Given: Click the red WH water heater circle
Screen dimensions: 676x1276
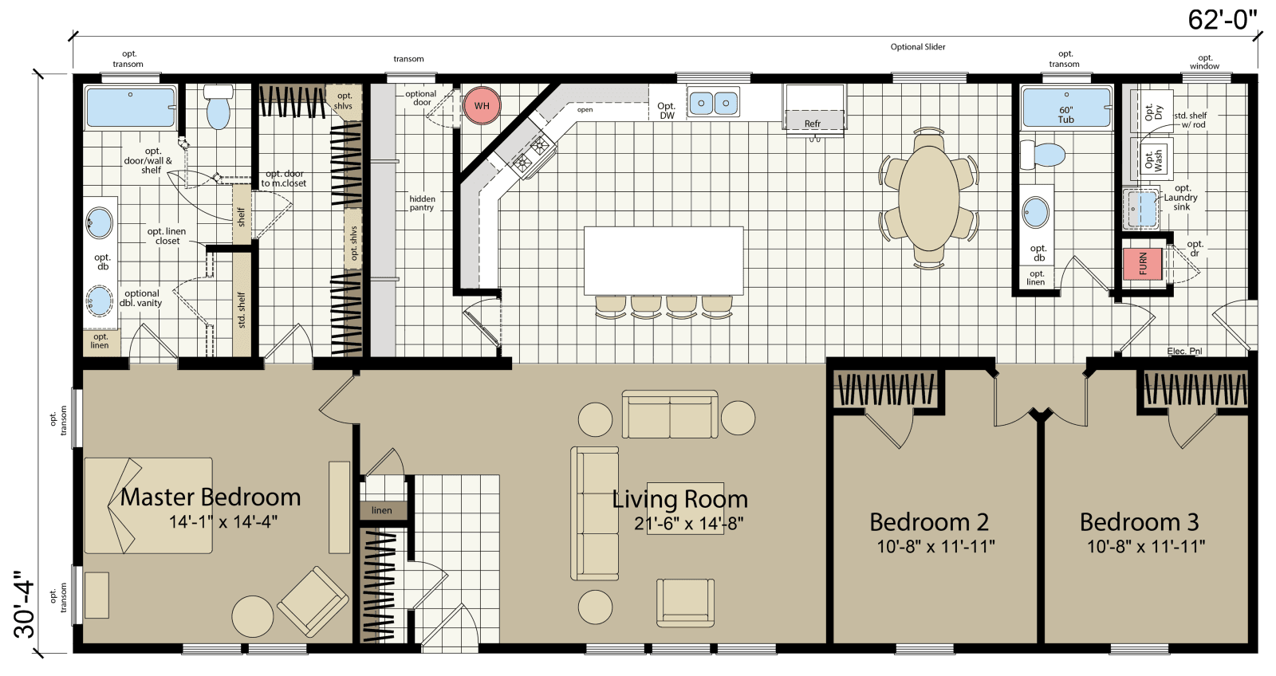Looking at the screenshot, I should [x=482, y=105].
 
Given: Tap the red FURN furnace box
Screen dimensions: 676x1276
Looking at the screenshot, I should [x=1142, y=264].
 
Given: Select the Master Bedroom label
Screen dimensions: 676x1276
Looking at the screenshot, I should [x=211, y=497].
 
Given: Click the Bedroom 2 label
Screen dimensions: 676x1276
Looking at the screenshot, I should [x=929, y=521].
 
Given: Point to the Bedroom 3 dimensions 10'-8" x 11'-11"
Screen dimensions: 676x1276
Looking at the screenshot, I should [x=1146, y=547].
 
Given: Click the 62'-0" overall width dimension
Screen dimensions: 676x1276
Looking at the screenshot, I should [x=1221, y=19].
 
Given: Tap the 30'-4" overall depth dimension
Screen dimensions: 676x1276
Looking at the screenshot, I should [x=25, y=603].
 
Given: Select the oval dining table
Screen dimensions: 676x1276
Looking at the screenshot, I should [x=929, y=198].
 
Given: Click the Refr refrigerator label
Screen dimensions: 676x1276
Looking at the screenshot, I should [x=812, y=124].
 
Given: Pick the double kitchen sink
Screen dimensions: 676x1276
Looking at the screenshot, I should [x=713, y=103].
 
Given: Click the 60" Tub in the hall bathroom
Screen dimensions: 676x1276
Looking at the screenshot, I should [x=1065, y=110].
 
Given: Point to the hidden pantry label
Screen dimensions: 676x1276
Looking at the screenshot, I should [x=422, y=203].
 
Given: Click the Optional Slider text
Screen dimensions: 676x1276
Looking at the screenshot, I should [x=917, y=47].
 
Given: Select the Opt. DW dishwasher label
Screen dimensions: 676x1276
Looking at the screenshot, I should [x=667, y=111].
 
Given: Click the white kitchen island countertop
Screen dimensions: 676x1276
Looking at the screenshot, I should [x=663, y=261].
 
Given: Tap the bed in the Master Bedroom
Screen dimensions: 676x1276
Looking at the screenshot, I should [x=149, y=505].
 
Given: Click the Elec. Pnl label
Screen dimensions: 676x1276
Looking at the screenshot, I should [x=1183, y=351].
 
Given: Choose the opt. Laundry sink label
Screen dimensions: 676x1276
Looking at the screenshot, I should [x=1181, y=198].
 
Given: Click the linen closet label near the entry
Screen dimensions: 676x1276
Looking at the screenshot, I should [x=381, y=510].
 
